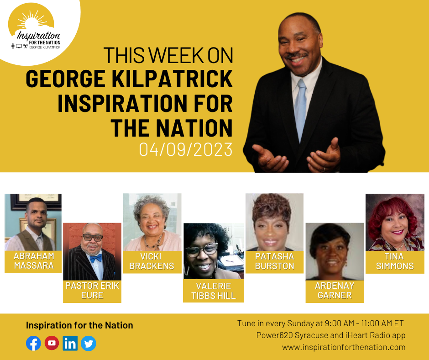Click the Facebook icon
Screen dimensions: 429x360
pos(33,343)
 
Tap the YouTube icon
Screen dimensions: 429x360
pos(52,343)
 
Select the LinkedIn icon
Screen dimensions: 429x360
pos(70,343)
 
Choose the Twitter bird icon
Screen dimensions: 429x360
pos(89,343)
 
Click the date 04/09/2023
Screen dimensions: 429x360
pos(186,149)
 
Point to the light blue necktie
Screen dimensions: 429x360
pos(300,110)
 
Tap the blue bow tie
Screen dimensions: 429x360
pos(96,258)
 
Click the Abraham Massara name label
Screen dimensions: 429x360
pos(33,262)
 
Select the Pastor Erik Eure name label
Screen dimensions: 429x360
pos(92,291)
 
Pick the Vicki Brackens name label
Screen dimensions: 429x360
pos(152,262)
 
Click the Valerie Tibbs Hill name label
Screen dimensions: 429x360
pos(214,291)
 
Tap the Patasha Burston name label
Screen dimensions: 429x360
pos(274,262)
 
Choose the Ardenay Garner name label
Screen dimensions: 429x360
pos(335,291)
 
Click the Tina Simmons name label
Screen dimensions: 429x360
pos(395,262)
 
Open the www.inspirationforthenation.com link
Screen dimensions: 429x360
pos(344,347)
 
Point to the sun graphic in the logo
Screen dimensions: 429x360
pos(31,21)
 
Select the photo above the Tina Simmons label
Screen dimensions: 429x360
pos(395,222)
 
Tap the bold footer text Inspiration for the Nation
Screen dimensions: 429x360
pos(79,325)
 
